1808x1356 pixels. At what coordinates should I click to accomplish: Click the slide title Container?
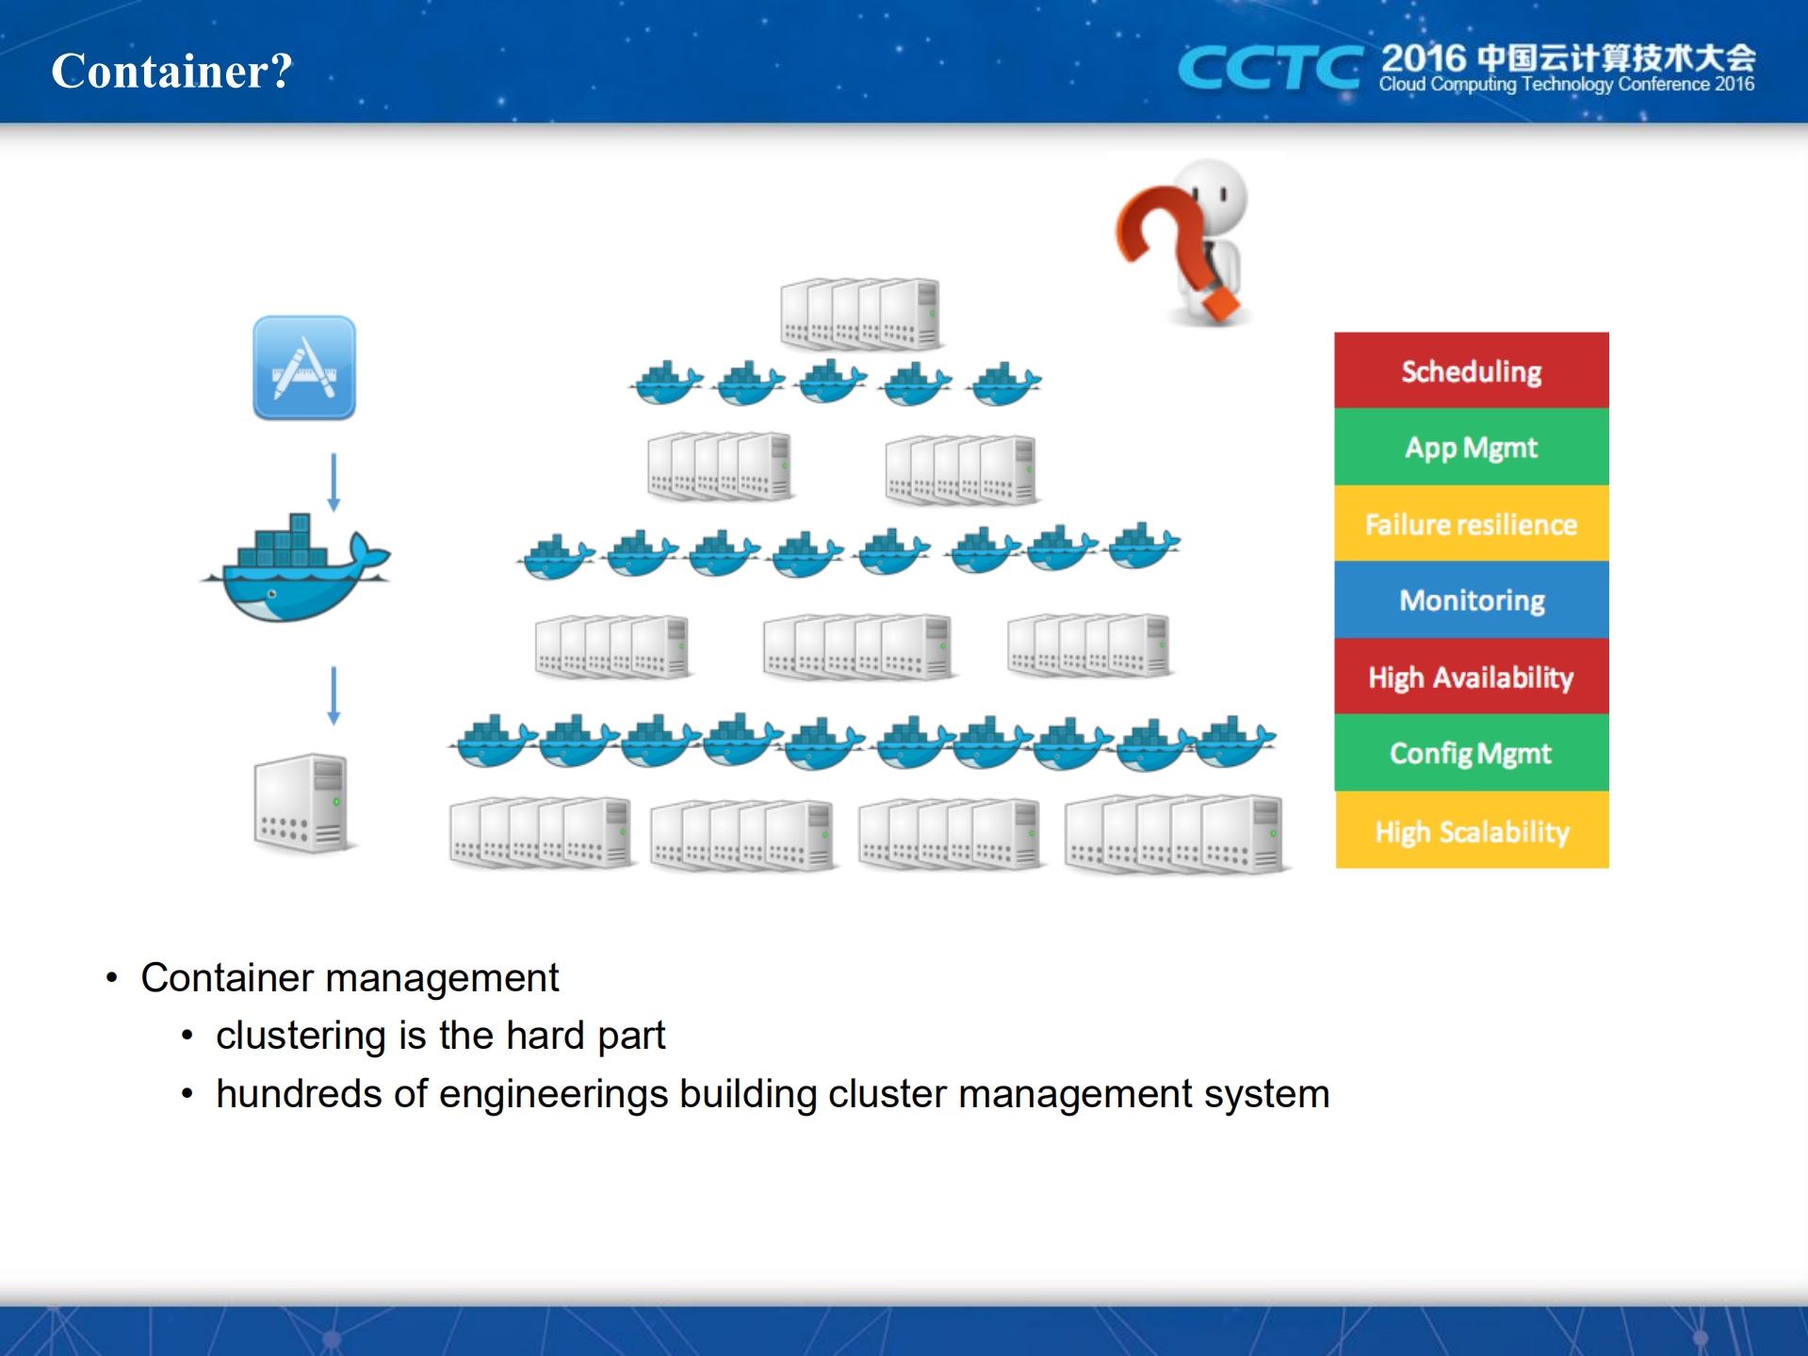pos(171,71)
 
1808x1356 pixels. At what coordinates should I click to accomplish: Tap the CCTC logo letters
pos(1268,68)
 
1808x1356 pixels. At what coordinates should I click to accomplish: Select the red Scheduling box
pos(1471,370)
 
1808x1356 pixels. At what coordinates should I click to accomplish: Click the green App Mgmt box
pos(1471,447)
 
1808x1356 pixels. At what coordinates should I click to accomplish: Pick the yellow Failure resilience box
pos(1471,524)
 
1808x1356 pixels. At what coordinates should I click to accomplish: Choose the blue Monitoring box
pos(1471,600)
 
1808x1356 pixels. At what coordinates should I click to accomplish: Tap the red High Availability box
pos(1471,677)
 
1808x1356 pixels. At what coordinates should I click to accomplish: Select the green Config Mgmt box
pos(1471,753)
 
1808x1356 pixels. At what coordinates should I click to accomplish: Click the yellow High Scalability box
pos(1471,830)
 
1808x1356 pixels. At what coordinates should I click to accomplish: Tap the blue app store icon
pos(304,368)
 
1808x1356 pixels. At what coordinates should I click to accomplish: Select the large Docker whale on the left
pos(296,571)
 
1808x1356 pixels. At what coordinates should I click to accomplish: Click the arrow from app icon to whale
pos(334,482)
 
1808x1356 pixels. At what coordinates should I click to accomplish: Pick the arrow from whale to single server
pos(334,694)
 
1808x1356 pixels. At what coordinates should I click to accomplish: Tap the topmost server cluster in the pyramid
pos(860,312)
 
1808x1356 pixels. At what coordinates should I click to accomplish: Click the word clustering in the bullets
pos(301,1036)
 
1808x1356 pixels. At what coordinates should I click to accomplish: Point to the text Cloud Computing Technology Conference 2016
pos(1566,85)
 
